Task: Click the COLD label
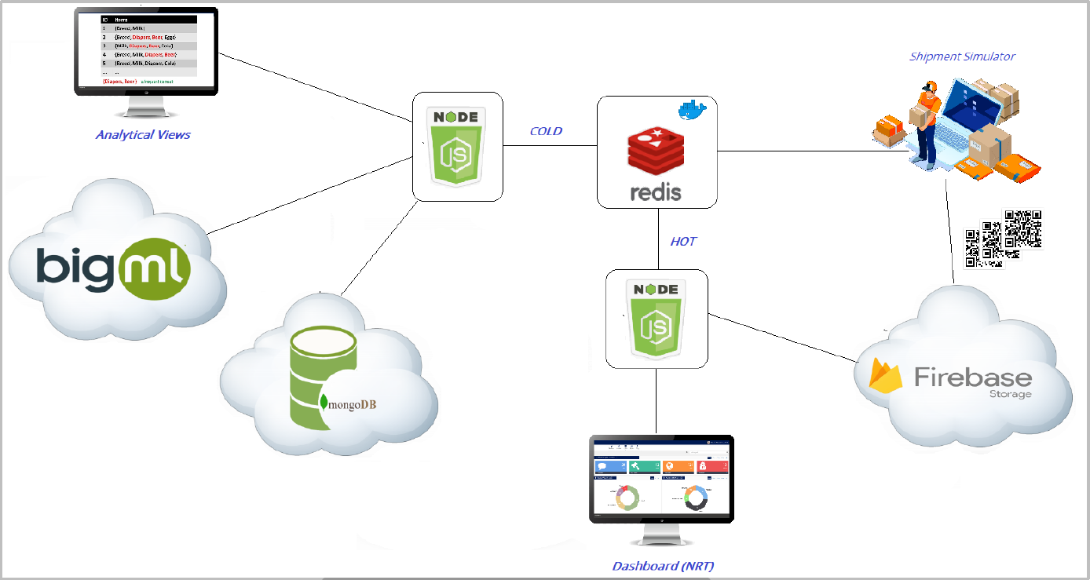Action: (x=546, y=131)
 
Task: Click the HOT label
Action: (x=682, y=241)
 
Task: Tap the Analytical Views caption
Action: (x=143, y=134)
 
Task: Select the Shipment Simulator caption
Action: (x=962, y=57)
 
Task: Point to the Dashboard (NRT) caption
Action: (x=664, y=565)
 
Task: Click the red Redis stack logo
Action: (x=655, y=150)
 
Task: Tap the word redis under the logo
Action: (x=656, y=191)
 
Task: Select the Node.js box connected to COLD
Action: (x=458, y=147)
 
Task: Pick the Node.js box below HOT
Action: (x=656, y=319)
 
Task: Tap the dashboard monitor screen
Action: (x=661, y=479)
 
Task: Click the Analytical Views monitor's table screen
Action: (x=146, y=50)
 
